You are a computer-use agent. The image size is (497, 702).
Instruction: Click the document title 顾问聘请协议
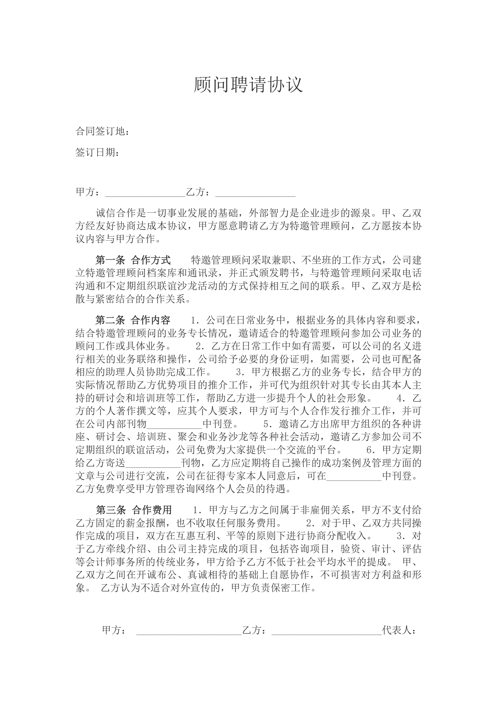click(x=248, y=85)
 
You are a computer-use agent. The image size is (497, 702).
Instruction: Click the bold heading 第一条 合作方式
click(x=133, y=260)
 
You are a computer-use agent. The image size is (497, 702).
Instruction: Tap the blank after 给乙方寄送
click(x=153, y=463)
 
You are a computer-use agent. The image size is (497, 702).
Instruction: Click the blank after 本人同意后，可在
click(x=354, y=476)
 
